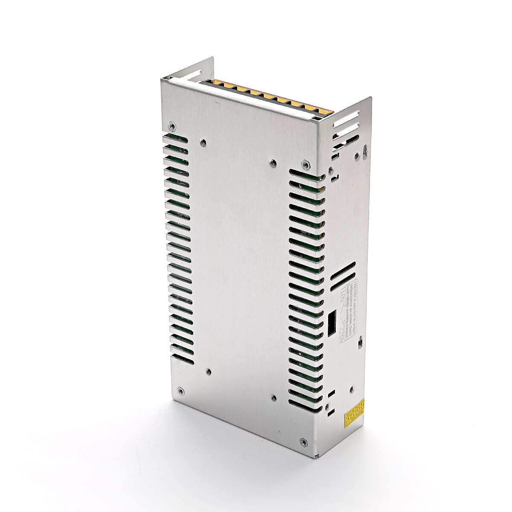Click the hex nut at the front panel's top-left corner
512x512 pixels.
pyautogui.click(x=172, y=125)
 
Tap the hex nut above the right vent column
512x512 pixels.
pyautogui.click(x=305, y=163)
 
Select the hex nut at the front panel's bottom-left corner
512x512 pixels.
pyautogui.click(x=181, y=390)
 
